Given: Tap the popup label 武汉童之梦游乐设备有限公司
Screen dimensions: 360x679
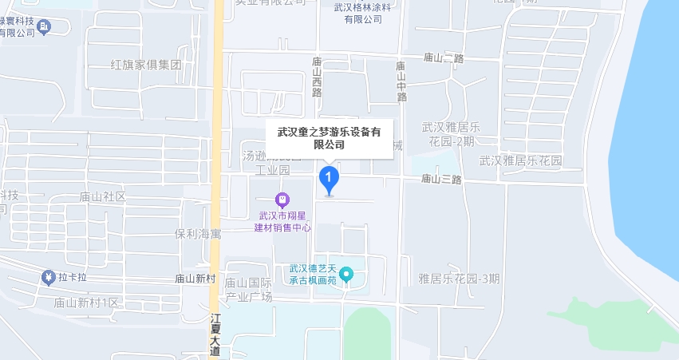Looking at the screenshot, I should pyautogui.click(x=329, y=138).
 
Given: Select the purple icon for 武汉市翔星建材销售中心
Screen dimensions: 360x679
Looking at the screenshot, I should pyautogui.click(x=282, y=199).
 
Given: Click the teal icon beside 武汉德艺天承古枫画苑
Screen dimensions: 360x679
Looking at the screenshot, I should pyautogui.click(x=345, y=275).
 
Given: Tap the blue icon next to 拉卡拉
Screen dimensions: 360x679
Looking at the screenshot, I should pyautogui.click(x=47, y=277).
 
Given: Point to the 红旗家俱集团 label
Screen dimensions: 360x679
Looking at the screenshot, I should pyautogui.click(x=147, y=64).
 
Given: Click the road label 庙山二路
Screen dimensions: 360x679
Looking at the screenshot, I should pyautogui.click(x=444, y=58).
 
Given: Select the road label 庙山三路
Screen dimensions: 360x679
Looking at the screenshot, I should pyautogui.click(x=441, y=179).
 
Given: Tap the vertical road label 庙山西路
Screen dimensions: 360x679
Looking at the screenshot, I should pyautogui.click(x=317, y=77).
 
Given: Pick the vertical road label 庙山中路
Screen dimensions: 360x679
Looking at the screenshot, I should pyautogui.click(x=401, y=81).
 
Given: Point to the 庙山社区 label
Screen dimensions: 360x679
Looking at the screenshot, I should pyautogui.click(x=103, y=196).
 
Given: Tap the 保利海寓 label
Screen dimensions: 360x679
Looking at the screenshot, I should pyautogui.click(x=198, y=234).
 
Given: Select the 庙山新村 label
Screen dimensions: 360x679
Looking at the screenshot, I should pyautogui.click(x=195, y=279).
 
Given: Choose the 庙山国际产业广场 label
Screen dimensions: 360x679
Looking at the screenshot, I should pyautogui.click(x=248, y=290).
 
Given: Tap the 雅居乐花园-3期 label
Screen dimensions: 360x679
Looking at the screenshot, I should pyautogui.click(x=460, y=279).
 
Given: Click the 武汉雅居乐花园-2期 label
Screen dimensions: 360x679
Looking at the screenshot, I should pyautogui.click(x=450, y=133).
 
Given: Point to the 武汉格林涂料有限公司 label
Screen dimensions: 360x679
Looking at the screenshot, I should pyautogui.click(x=363, y=13).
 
